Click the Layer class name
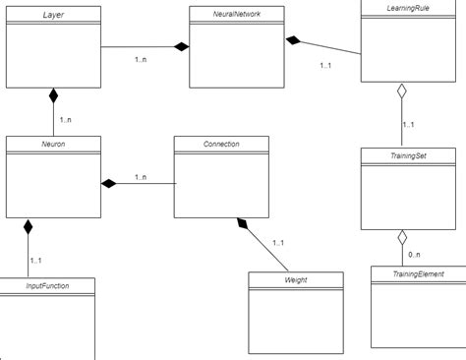53,15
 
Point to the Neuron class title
53,145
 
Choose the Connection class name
221,145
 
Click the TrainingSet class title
407,154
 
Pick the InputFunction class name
47,286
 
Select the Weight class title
295,280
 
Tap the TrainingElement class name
418,274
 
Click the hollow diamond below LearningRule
401,93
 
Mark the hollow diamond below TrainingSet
401,237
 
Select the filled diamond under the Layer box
53,96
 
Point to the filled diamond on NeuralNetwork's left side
180,46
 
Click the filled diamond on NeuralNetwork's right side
293,40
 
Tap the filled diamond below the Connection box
242,225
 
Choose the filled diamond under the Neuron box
29,226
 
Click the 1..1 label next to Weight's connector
278,243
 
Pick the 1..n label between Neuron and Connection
140,177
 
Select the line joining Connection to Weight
267,250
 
